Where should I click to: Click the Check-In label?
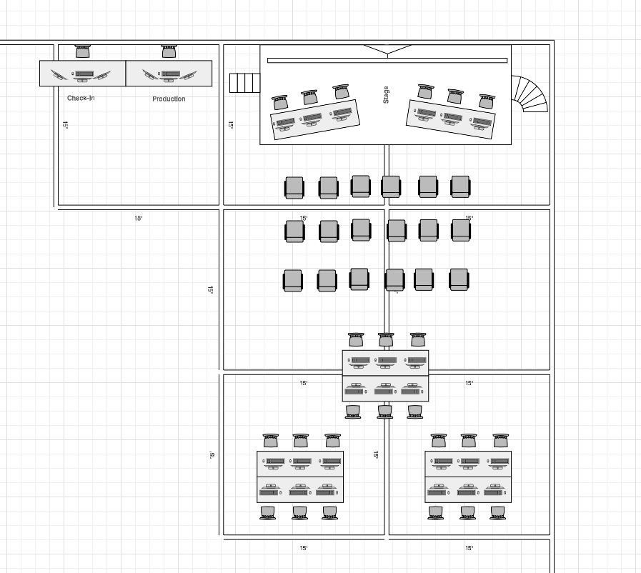click(81, 98)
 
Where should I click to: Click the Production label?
click(169, 99)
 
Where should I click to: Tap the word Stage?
click(387, 95)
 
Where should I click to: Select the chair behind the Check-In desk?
click(83, 51)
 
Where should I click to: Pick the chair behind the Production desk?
click(169, 51)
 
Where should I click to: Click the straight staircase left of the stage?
click(244, 83)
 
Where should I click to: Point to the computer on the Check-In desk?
click(84, 74)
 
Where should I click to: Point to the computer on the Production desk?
click(169, 74)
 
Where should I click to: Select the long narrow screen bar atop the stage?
click(387, 61)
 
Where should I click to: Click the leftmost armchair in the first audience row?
click(294, 187)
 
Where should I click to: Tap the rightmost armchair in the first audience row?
click(460, 186)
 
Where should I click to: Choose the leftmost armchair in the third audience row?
click(293, 280)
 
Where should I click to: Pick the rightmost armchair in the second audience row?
click(461, 229)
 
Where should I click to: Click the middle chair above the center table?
click(386, 339)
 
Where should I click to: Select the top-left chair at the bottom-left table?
click(270, 440)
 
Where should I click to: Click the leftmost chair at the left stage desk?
click(279, 103)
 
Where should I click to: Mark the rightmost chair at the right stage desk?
click(487, 101)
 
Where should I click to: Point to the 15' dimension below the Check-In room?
click(139, 218)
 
